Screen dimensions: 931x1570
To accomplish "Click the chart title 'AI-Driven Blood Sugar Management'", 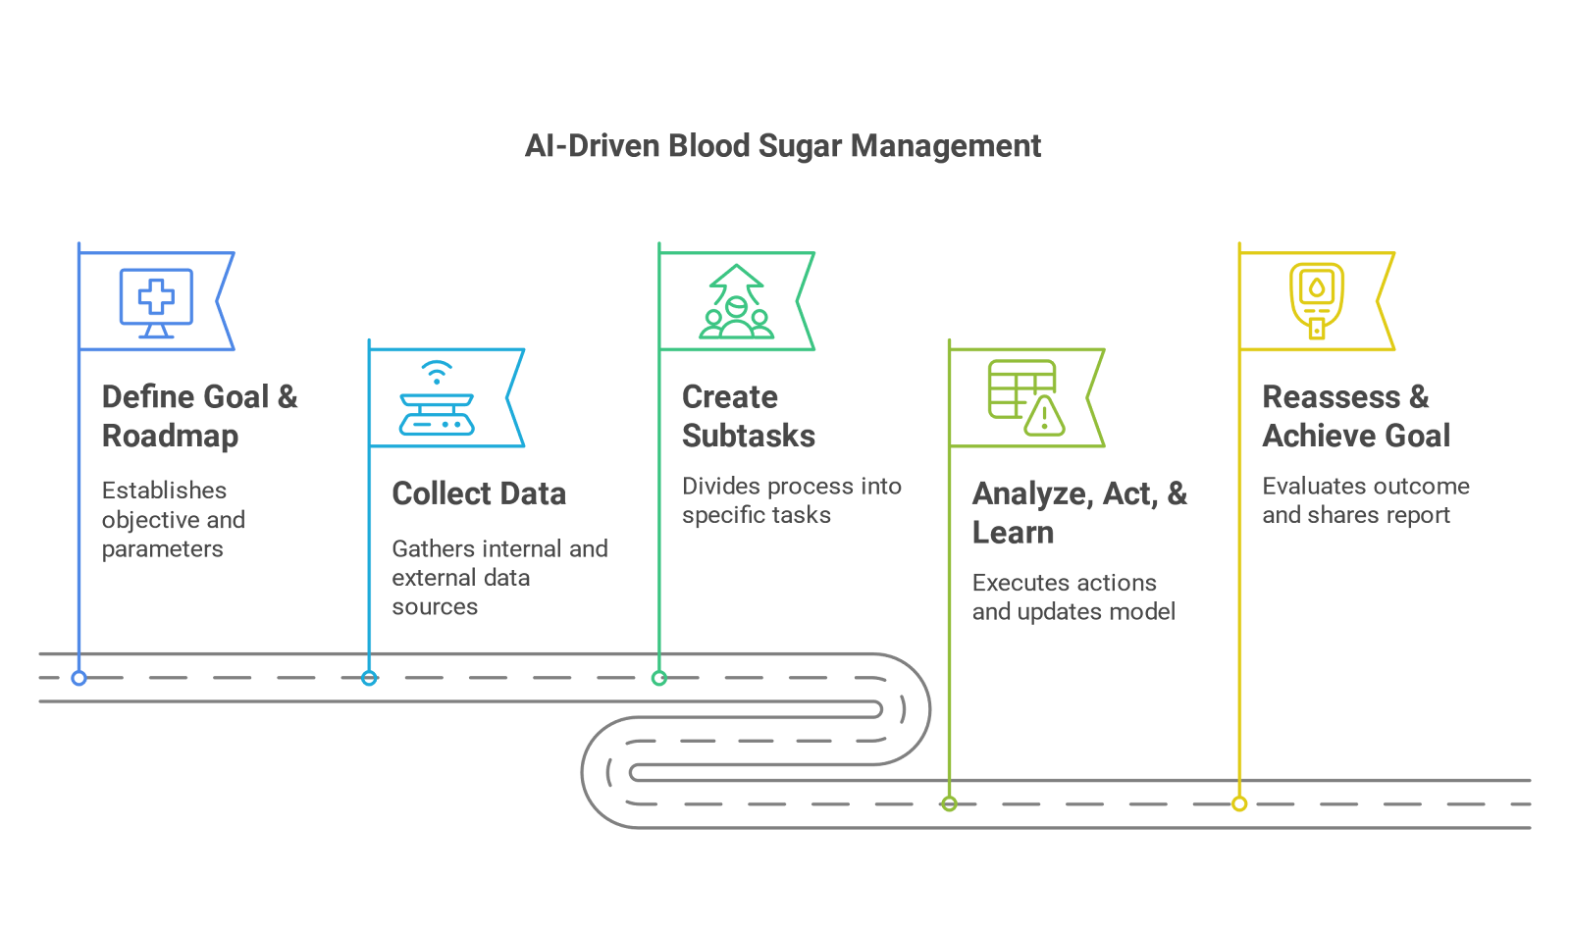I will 783,146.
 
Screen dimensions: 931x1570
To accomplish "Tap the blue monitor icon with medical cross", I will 156,301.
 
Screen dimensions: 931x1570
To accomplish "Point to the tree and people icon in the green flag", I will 736,302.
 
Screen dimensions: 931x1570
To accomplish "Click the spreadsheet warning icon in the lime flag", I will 1025,396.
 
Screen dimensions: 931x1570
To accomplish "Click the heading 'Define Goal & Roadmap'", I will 199,416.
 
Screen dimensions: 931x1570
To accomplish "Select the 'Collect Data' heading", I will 479,493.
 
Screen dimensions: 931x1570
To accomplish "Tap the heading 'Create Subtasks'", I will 748,416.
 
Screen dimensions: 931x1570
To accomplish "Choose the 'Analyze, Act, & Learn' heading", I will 1079,513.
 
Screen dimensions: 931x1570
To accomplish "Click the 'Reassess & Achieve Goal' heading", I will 1356,416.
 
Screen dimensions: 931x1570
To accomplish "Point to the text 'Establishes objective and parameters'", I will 173,519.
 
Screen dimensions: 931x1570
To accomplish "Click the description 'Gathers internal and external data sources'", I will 498,577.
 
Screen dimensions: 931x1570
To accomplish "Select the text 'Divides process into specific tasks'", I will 791,500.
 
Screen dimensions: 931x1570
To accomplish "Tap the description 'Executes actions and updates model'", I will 1073,596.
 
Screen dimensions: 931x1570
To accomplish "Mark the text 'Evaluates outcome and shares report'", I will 1365,500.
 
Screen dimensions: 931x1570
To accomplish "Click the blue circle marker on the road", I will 79,678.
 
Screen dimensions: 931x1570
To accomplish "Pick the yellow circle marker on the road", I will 1239,804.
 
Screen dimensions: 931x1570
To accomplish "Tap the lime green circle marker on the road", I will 949,804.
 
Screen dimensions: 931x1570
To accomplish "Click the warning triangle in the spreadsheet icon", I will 1045,417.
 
